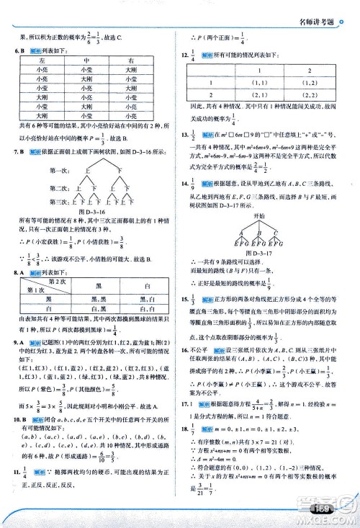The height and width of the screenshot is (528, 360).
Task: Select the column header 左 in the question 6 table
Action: [44, 61]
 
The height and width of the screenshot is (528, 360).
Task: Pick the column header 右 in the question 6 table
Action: [130, 61]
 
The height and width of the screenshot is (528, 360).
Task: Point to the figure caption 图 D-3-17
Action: [266, 252]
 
